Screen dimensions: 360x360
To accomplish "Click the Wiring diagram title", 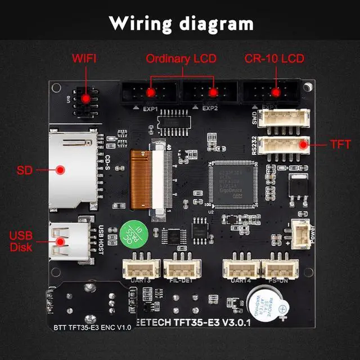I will coord(181,24).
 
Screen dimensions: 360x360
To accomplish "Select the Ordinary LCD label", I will coord(181,58).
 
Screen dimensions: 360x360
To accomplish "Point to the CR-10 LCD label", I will coord(274,58).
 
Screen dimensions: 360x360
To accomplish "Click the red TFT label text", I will coord(340,145).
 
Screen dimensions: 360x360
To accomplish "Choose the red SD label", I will coord(25,169).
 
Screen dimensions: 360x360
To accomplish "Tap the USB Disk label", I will coord(21,241).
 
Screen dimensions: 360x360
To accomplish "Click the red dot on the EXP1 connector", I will coord(151,93).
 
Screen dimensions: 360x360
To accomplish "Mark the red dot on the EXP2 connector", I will coord(213,93).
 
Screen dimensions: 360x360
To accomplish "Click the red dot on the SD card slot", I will coord(60,169).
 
